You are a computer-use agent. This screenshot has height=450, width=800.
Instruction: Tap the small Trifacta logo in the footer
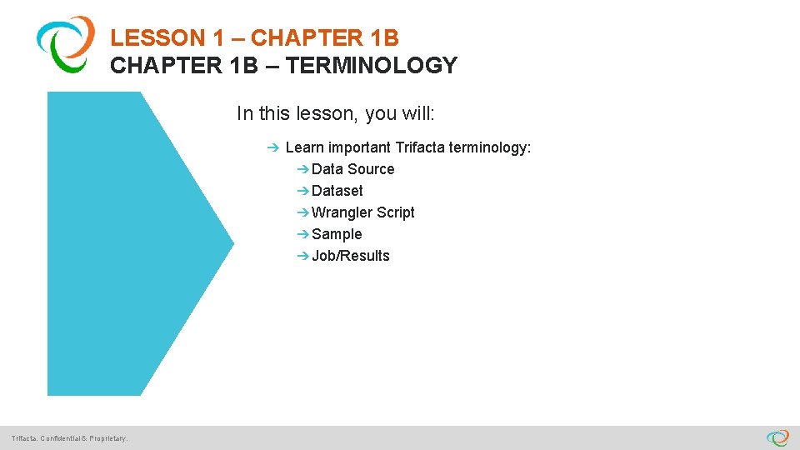coord(777,437)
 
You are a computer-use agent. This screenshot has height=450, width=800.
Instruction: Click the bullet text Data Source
coord(352,169)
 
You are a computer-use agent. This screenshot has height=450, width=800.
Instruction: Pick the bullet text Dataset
coord(337,191)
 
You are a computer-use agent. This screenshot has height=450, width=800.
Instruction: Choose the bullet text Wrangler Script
coord(362,212)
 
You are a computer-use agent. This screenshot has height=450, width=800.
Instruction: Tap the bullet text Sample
coord(337,234)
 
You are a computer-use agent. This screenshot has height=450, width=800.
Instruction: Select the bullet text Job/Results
coord(350,256)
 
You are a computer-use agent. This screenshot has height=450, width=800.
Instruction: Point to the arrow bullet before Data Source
coord(302,169)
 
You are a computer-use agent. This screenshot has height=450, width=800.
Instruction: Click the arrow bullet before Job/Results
coord(302,256)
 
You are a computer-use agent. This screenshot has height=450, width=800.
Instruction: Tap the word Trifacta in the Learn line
coord(420,147)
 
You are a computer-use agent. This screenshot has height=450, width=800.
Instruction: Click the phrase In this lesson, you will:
coord(342,112)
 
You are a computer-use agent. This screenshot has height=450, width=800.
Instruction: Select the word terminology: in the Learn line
coord(490,147)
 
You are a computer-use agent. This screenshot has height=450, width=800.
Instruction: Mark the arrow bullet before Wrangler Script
coord(302,212)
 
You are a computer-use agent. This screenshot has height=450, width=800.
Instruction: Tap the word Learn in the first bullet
coord(304,147)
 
